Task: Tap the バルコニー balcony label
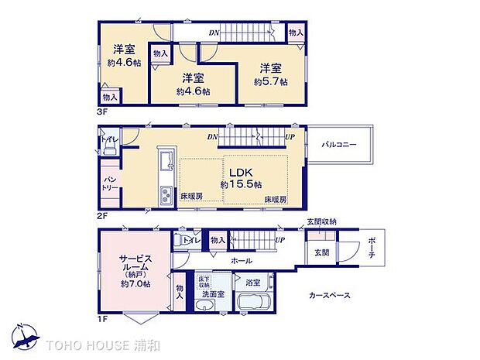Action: [340, 145]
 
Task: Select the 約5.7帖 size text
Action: [271, 81]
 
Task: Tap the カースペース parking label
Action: [329, 295]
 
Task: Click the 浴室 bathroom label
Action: [252, 283]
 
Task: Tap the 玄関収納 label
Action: [322, 223]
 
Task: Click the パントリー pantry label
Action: [108, 184]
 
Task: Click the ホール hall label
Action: [242, 262]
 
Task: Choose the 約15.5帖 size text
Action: [241, 185]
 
